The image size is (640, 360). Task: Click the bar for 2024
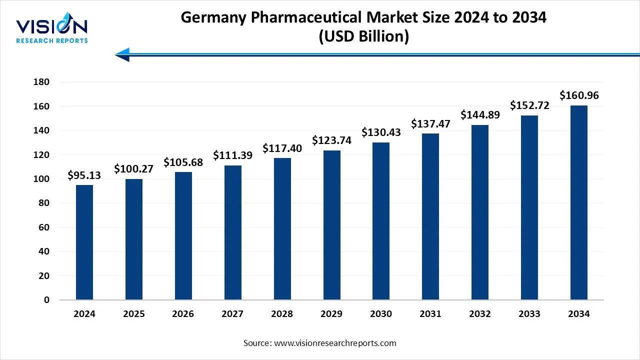coord(84,242)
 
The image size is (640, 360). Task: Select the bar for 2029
coord(331,225)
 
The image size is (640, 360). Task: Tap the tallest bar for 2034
coord(578,202)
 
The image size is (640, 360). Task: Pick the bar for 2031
coord(430,216)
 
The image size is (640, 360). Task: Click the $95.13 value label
coord(84,175)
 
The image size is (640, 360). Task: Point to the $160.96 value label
coord(578,95)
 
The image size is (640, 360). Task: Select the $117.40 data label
coord(282,148)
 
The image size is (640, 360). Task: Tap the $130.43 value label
coord(381,133)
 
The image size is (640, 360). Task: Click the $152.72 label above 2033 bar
coord(529,105)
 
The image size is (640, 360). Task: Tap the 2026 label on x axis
coord(183,314)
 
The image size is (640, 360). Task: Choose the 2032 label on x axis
coord(480,314)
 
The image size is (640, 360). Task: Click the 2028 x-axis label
coord(282,314)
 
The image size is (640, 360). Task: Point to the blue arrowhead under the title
coord(123,54)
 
